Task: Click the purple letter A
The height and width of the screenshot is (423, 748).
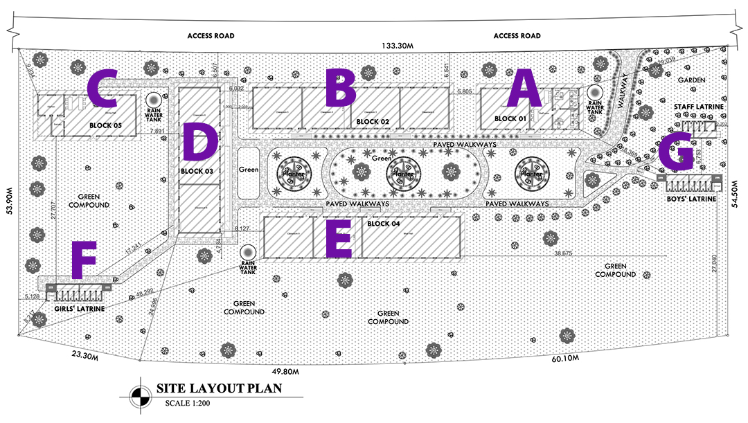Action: [x=524, y=91]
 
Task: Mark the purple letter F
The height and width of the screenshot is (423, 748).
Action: [x=84, y=260]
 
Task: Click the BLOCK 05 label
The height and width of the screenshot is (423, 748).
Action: [x=105, y=125]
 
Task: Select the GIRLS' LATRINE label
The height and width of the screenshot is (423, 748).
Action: [x=79, y=309]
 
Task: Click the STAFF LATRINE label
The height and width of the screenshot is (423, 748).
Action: [x=698, y=107]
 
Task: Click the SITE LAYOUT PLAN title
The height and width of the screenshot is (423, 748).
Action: [x=219, y=388]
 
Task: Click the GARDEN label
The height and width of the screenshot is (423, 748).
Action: [x=691, y=80]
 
